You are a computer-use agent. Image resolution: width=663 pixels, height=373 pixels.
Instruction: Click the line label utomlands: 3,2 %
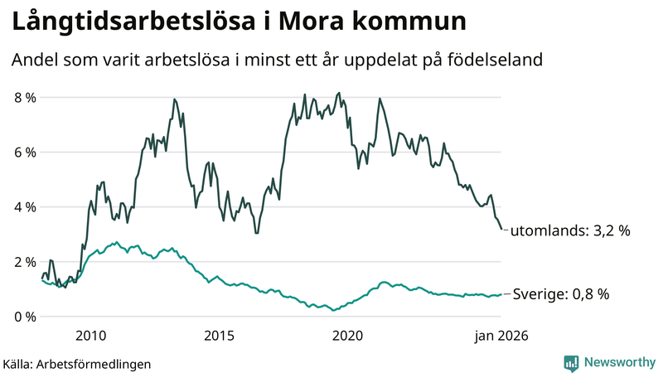(570, 230)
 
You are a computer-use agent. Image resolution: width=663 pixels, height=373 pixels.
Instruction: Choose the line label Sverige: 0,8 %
(561, 294)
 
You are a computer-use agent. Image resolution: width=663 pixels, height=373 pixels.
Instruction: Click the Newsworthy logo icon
(571, 362)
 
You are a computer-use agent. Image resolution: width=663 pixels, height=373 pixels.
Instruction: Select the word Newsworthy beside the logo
(617, 362)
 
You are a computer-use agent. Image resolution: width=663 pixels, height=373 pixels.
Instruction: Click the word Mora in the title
(317, 22)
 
